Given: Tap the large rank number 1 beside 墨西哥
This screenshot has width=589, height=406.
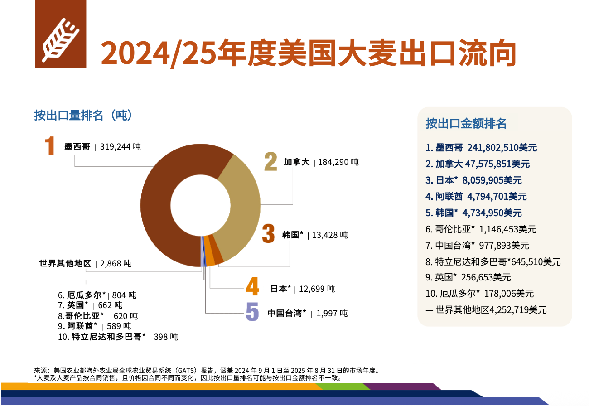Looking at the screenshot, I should [x=50, y=146].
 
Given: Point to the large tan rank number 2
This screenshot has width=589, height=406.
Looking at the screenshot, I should [x=270, y=162].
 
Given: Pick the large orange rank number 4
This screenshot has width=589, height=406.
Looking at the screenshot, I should [x=252, y=288].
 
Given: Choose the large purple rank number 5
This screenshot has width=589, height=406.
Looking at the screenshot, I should [x=252, y=312].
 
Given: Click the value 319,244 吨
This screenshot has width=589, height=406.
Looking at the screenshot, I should [x=121, y=147].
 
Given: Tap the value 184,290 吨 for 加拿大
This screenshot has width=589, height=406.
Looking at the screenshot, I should [x=338, y=162].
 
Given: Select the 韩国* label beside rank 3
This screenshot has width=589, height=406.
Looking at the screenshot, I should [x=292, y=235].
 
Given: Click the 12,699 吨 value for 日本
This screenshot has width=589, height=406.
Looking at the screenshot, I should [x=318, y=289].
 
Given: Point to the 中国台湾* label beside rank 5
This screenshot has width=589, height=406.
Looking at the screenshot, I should [x=287, y=313].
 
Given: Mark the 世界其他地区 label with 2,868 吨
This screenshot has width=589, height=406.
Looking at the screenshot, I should [x=66, y=263].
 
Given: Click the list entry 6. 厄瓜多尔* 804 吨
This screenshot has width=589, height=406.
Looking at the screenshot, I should [x=97, y=295].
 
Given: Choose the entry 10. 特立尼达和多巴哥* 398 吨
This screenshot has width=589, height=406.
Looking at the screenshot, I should [x=118, y=337].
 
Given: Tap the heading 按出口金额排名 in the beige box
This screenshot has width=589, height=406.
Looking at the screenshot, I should [x=466, y=123].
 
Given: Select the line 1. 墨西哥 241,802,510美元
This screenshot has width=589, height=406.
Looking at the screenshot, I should [x=481, y=148].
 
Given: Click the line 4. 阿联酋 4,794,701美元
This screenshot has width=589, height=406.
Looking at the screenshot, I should [x=476, y=197].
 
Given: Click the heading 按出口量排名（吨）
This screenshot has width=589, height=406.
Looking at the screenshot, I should [x=83, y=115].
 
